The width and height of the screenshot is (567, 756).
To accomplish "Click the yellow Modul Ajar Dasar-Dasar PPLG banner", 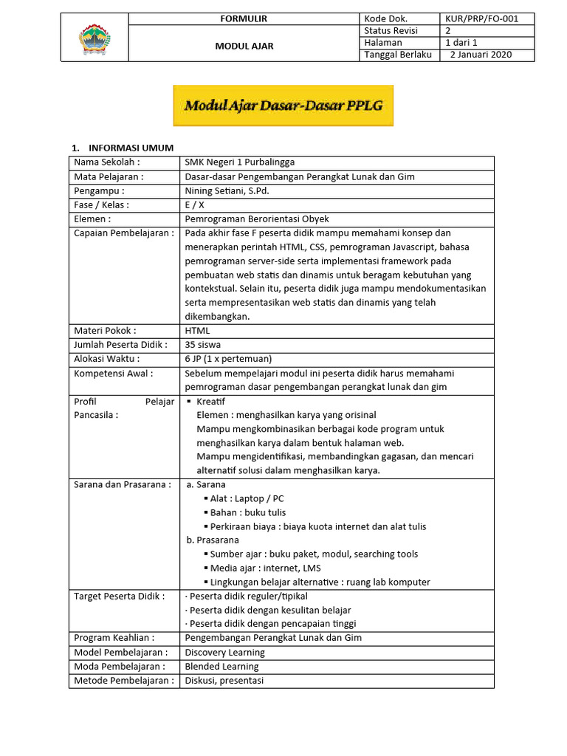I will click(283, 106).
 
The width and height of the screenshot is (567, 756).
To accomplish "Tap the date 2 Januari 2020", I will click(481, 55).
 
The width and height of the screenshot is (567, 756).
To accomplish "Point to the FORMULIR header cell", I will click(244, 18).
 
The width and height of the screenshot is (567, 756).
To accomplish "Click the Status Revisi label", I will click(391, 30).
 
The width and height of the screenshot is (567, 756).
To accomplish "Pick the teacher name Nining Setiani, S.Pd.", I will click(227, 190).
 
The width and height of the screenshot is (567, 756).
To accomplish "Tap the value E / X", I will click(195, 205).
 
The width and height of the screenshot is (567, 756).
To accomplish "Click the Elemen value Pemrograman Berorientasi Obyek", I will click(256, 219).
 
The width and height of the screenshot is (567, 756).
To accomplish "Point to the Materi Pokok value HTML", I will click(197, 331).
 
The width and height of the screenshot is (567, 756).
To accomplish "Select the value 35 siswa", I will click(202, 345).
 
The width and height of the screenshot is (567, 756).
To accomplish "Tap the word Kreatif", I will click(211, 402).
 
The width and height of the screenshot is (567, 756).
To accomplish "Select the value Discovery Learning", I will click(224, 653).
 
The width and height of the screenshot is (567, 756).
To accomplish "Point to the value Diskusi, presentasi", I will click(224, 681).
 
